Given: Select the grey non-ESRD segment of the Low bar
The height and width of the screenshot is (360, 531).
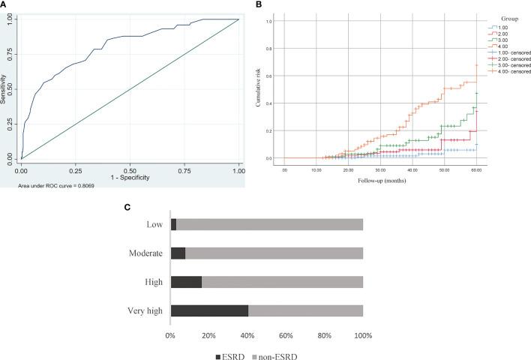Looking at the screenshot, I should pyautogui.click(x=269, y=225).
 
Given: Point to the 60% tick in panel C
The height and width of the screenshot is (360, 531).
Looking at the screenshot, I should pyautogui.click(x=286, y=335).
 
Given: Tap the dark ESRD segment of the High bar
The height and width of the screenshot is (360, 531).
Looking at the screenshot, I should pyautogui.click(x=186, y=282).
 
